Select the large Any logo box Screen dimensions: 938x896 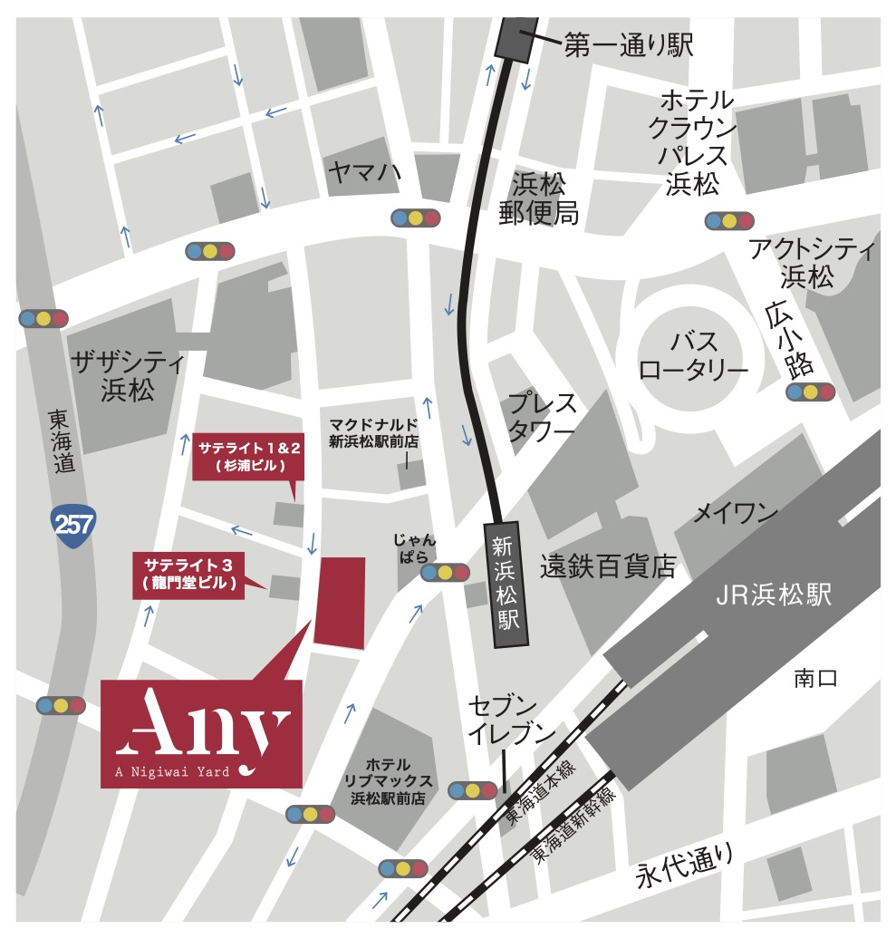pos(201,734)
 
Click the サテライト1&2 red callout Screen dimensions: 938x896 pos(247,456)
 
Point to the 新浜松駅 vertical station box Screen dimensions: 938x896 pos(505,585)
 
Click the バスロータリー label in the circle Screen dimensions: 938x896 pos(695,355)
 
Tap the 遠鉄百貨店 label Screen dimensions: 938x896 pos(608,567)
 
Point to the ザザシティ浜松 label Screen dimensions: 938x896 pos(128,377)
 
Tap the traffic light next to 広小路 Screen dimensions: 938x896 pos(810,392)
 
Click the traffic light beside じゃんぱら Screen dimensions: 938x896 pos(445,573)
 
